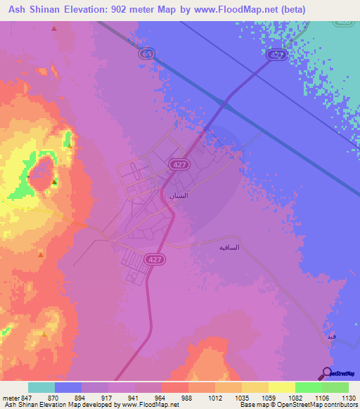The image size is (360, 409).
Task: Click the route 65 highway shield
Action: pyautogui.click(x=146, y=53)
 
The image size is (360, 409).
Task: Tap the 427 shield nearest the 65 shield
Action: pyautogui.click(x=276, y=54)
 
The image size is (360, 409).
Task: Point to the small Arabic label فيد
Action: pyautogui.click(x=331, y=337)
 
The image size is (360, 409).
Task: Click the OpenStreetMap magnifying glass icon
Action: pyautogui.click(x=326, y=373)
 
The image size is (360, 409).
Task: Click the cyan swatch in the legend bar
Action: pyautogui.click(x=41, y=387)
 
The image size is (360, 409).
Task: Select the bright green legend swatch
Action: pyautogui.click(x=309, y=387)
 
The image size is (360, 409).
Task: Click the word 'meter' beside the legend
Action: pyautogui.click(x=11, y=398)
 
